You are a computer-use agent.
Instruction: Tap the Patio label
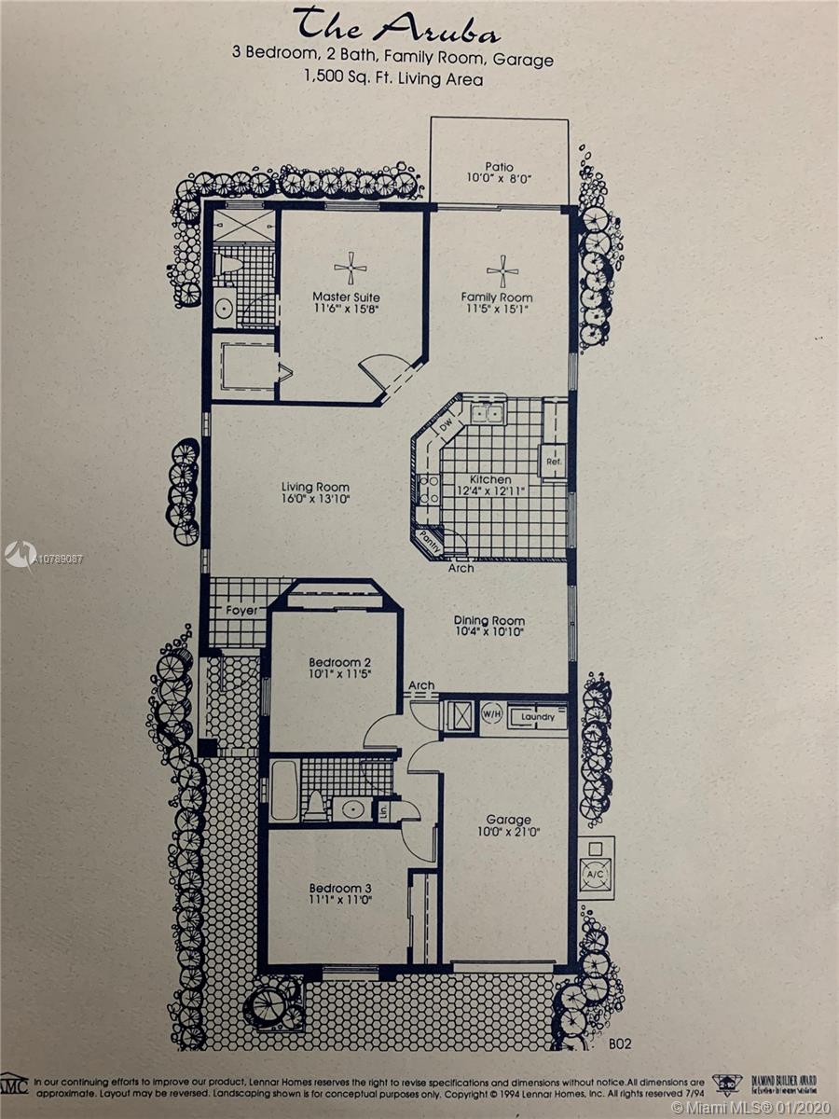[499, 168]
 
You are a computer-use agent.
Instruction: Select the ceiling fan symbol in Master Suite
[351, 268]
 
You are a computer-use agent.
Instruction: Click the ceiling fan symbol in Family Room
[502, 270]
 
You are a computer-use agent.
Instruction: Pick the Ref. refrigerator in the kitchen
[552, 460]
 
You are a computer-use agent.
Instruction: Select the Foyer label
[241, 611]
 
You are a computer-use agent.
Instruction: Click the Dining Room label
[489, 621]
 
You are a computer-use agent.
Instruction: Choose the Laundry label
[538, 717]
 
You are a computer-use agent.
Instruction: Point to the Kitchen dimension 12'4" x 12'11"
[490, 492]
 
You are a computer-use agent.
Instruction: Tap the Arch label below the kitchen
[461, 568]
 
